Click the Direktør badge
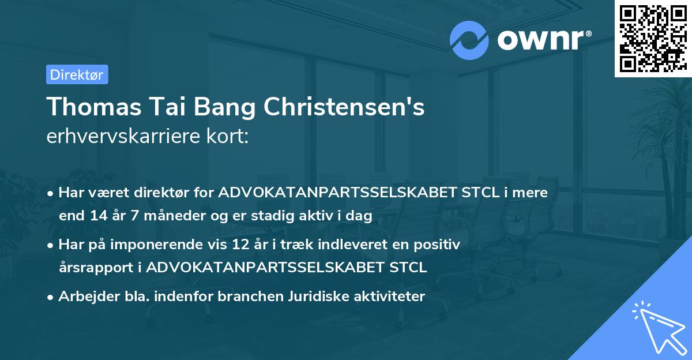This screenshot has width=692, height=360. pyautogui.click(x=77, y=74)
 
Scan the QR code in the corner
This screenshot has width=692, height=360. pyautogui.click(x=653, y=38)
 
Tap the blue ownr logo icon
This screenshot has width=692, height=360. pyautogui.click(x=469, y=40)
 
